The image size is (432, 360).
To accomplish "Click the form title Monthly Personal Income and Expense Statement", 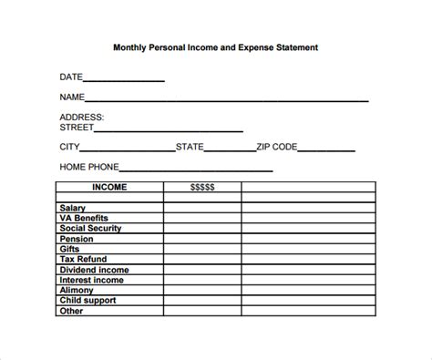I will click(215, 46).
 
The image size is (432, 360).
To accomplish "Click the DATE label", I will click(73, 77).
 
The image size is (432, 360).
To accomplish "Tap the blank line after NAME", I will click(227, 98).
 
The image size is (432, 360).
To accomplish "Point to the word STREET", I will click(78, 128).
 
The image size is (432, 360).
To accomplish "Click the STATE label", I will click(190, 147).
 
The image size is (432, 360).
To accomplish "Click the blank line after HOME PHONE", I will click(196, 170).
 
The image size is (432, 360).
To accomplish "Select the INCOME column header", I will click(109, 187).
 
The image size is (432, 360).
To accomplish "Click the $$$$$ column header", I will click(202, 187).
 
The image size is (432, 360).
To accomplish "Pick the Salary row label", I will click(73, 208).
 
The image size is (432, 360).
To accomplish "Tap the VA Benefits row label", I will click(83, 218).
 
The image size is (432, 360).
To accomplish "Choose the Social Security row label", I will click(91, 228).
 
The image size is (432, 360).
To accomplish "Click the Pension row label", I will click(76, 239).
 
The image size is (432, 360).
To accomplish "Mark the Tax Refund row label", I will click(83, 259).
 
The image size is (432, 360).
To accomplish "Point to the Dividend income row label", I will click(94, 270).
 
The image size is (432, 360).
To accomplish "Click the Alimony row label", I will click(76, 290).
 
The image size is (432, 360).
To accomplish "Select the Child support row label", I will click(87, 300).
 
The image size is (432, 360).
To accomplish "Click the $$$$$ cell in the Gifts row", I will click(202, 249).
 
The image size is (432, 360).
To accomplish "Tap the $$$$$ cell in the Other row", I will click(202, 311).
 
